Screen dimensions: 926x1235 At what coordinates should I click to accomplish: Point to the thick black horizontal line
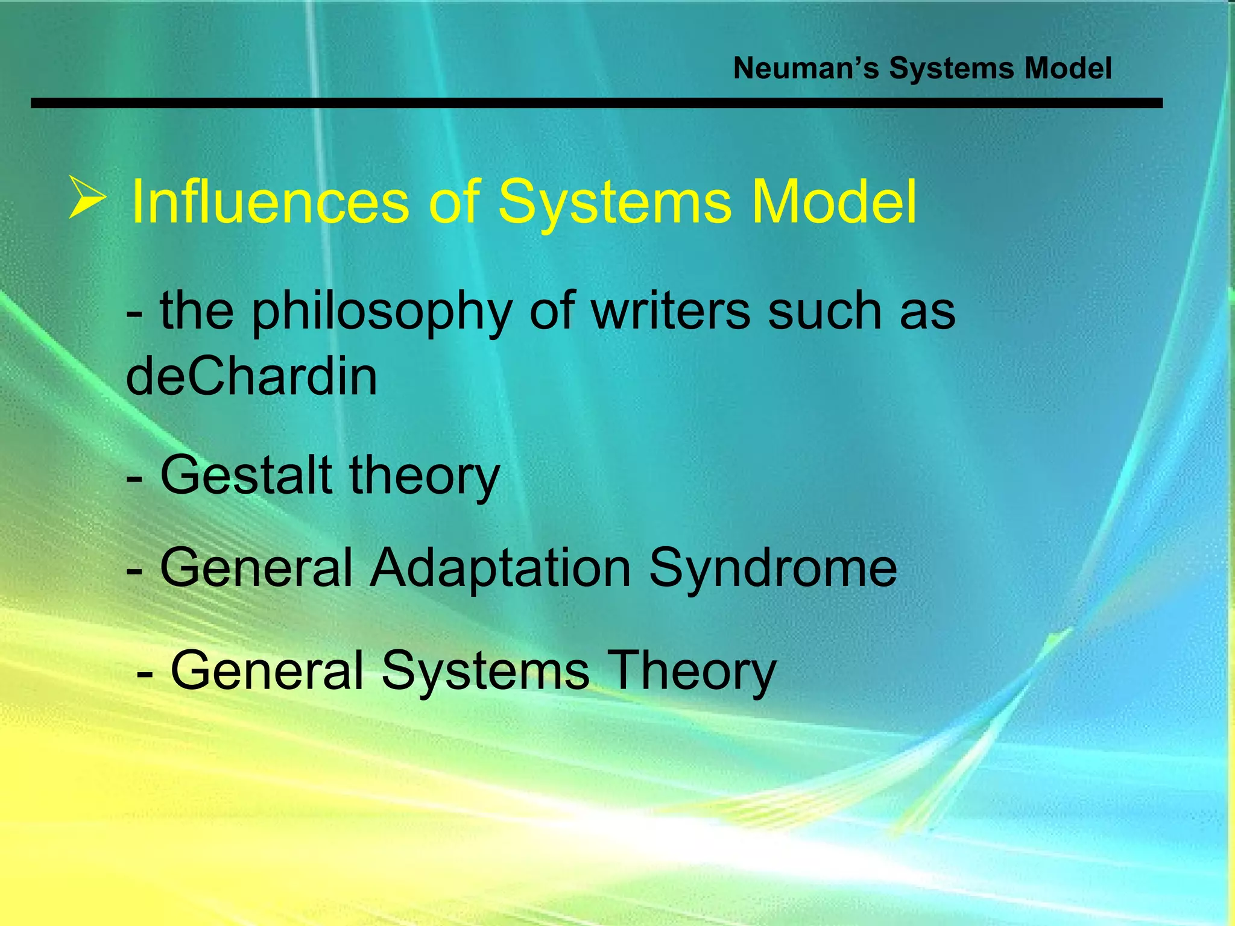click(596, 104)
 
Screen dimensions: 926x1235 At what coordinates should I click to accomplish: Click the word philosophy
click(381, 312)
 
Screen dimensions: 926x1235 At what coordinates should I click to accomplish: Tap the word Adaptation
click(500, 568)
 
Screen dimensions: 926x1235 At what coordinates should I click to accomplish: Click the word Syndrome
click(772, 568)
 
